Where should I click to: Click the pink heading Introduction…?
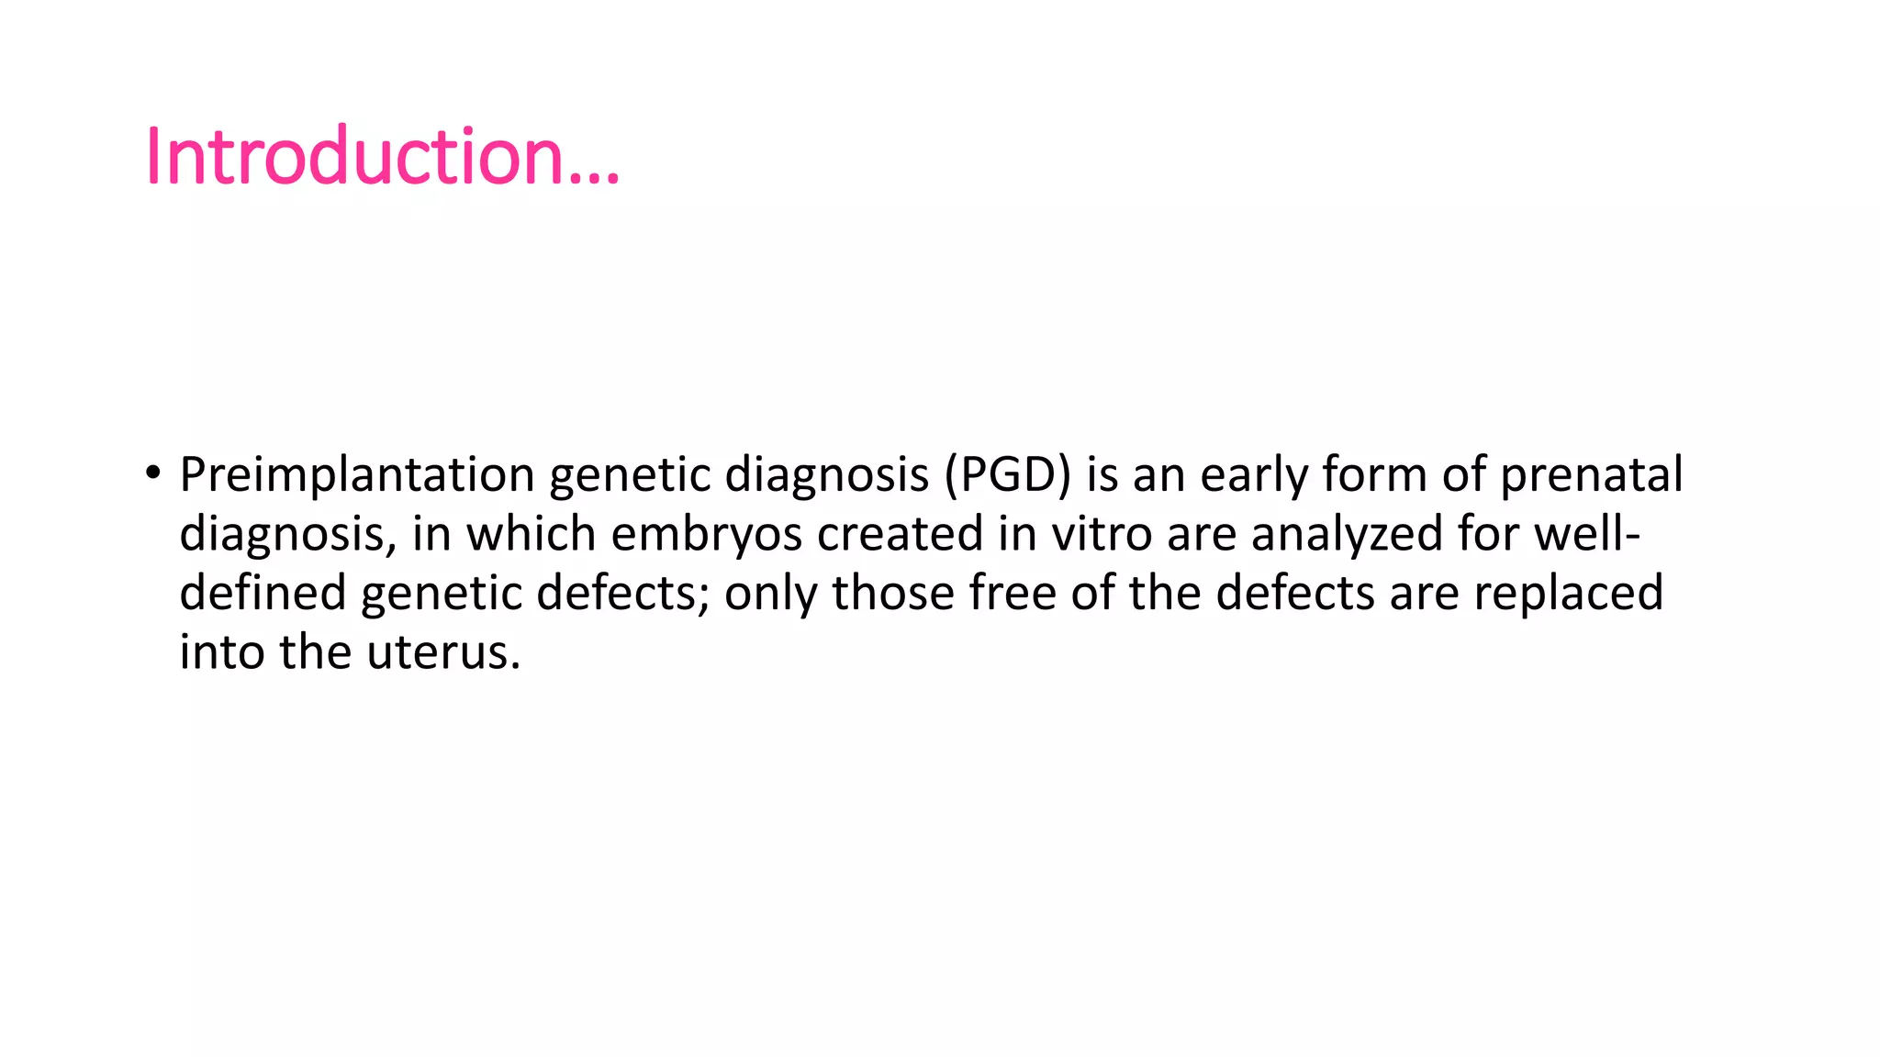click(382, 156)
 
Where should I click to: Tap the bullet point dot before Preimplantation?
click(152, 473)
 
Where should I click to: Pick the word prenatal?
click(1591, 475)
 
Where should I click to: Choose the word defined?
click(263, 593)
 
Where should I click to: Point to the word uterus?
click(443, 652)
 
